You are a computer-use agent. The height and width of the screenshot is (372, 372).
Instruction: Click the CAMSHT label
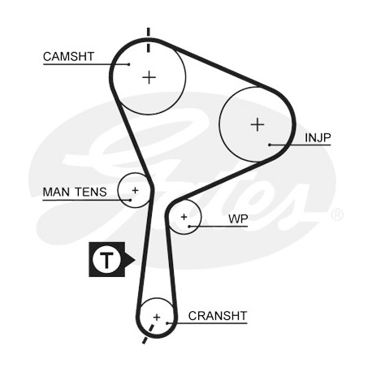tap(68, 57)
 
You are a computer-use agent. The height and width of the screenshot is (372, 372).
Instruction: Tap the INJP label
tap(318, 138)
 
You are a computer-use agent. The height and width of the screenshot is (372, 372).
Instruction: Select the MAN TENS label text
tap(75, 192)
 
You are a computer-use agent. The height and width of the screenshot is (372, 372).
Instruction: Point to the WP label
tap(238, 219)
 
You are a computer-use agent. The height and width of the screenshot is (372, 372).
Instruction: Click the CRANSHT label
tap(218, 316)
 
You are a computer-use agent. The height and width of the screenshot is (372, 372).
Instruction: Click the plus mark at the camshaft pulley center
tap(149, 78)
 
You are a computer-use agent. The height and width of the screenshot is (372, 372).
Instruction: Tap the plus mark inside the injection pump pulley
tap(257, 125)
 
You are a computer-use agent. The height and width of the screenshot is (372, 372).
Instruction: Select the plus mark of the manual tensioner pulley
tap(135, 190)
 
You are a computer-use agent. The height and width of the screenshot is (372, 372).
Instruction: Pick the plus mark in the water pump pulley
tap(184, 217)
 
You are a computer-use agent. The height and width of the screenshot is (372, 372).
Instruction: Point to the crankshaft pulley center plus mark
tap(157, 317)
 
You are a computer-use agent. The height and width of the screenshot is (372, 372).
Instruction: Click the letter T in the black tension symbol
tap(106, 260)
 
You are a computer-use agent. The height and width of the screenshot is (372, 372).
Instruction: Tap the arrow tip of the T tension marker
tap(135, 260)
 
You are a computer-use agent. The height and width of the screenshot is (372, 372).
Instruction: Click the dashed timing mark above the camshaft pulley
tap(148, 40)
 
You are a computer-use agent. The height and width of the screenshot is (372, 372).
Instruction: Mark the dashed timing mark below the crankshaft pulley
tap(148, 334)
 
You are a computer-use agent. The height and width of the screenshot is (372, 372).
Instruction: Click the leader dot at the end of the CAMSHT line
tap(129, 64)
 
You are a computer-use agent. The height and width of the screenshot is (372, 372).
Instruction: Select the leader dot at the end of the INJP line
tap(270, 145)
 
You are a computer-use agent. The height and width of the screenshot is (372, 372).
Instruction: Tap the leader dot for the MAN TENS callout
tap(130, 200)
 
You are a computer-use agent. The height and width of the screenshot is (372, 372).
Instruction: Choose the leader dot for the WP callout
tap(190, 227)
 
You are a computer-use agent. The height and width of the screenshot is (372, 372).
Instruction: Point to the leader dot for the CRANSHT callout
tap(167, 323)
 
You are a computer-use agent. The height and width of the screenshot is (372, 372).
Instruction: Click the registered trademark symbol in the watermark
tap(337, 214)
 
